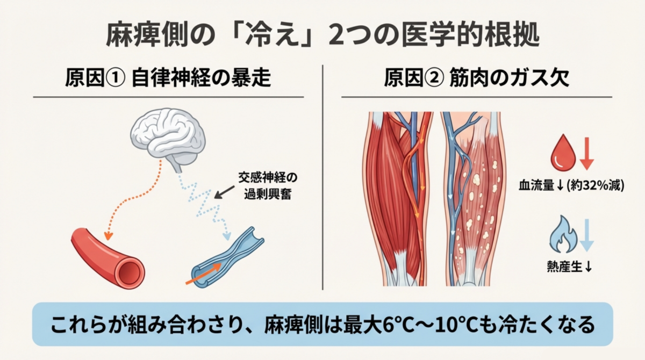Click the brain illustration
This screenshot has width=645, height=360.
pyautogui.click(x=168, y=140)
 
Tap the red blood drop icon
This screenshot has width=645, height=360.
pyautogui.click(x=563, y=152)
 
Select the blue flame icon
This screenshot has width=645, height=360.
pyautogui.click(x=563, y=234)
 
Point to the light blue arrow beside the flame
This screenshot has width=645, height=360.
pyautogui.click(x=586, y=235)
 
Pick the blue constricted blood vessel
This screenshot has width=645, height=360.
pyautogui.click(x=228, y=257)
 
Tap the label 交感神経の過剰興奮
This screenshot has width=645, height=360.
pyautogui.click(x=268, y=186)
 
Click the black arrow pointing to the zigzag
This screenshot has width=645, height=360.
pyautogui.click(x=224, y=192)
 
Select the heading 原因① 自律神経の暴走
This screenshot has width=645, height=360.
pyautogui.click(x=168, y=78)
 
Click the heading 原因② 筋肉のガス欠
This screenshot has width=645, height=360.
pyautogui.click(x=477, y=78)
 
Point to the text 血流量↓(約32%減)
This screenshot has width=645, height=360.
pyautogui.click(x=571, y=185)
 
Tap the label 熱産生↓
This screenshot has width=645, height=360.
pyautogui.click(x=569, y=267)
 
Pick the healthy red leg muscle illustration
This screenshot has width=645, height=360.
pyautogui.click(x=398, y=199)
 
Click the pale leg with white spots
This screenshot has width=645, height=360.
pyautogui.click(x=474, y=199)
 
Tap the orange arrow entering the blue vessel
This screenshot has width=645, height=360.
pyautogui.click(x=203, y=273)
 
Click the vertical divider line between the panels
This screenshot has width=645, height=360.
pyautogui.click(x=322, y=177)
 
